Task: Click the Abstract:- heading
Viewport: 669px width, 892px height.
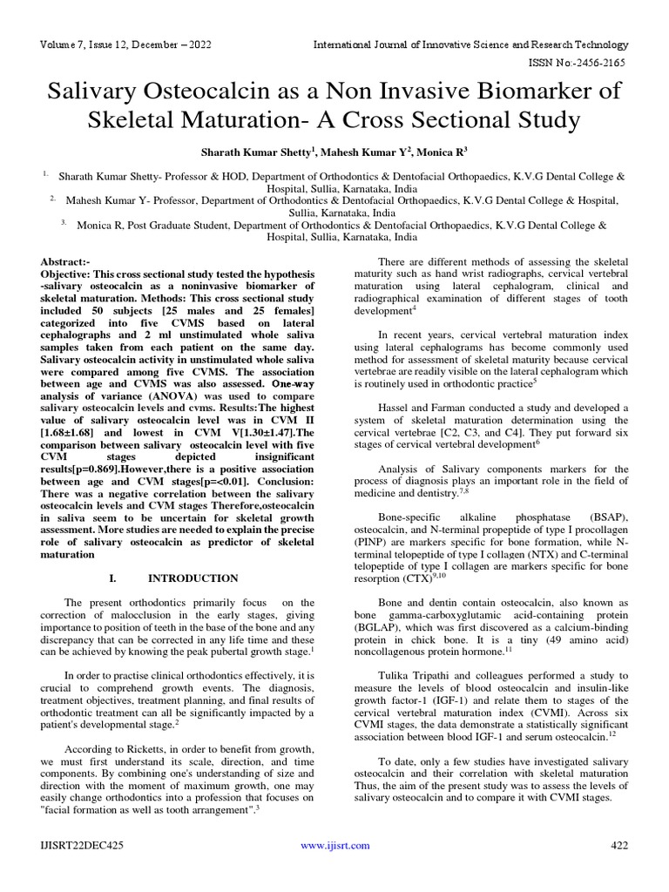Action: pyautogui.click(x=65, y=261)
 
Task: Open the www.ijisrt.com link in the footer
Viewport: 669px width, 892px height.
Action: pyautogui.click(x=334, y=845)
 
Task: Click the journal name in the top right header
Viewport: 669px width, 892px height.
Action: pyautogui.click(x=470, y=44)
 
